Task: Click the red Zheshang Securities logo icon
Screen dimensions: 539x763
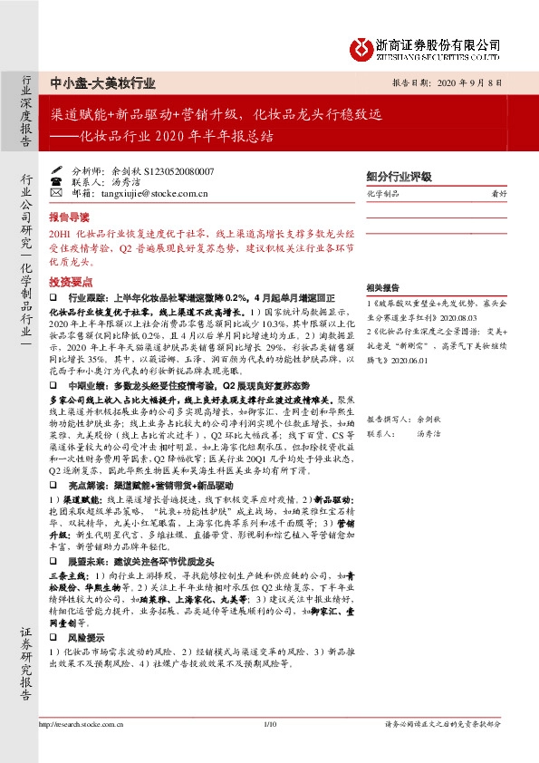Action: [x=364, y=47]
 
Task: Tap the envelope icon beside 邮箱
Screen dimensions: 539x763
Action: [x=56, y=193]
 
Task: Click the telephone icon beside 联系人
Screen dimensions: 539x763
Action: [x=56, y=181]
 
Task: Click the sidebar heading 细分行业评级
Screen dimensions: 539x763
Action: [x=398, y=176]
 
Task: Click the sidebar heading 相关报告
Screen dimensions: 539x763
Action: [x=379, y=284]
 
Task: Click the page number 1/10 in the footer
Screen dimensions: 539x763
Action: [x=269, y=724]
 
